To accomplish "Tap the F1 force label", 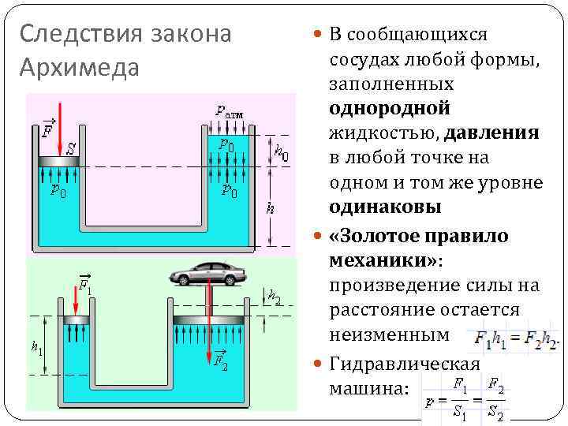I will [84, 283].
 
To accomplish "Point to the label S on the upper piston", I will [71, 148].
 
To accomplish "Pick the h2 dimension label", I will [275, 297].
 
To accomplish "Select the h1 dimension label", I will [37, 347].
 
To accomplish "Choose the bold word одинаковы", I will [386, 207].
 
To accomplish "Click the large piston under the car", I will [211, 319].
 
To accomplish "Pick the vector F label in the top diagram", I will [48, 129].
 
